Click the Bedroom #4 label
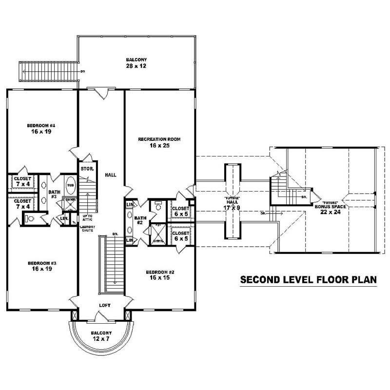pyautogui.click(x=42, y=126)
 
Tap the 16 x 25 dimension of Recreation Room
pyautogui.click(x=159, y=145)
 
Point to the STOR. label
pyautogui.click(x=88, y=169)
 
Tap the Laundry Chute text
pyautogui.click(x=88, y=229)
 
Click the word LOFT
pyautogui.click(x=105, y=305)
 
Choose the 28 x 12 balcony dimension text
pyautogui.click(x=135, y=66)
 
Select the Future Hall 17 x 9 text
pyautogui.click(x=232, y=204)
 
